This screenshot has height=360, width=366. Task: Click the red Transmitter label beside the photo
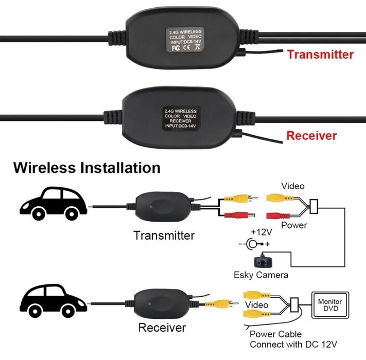(320, 54)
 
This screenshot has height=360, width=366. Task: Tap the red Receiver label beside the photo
(311, 136)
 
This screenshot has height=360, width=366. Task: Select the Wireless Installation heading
(87, 168)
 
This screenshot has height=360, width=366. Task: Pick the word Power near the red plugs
(294, 225)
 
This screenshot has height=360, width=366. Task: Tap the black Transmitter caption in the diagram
(164, 236)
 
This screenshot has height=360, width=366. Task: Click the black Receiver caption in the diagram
(162, 328)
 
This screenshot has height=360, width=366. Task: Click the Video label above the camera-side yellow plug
(292, 186)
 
